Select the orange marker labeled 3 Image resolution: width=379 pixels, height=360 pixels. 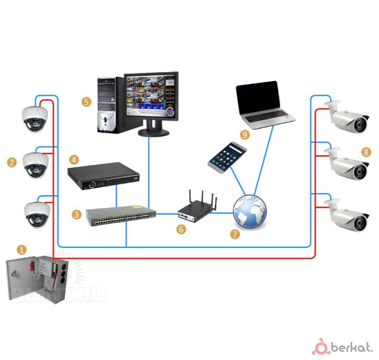click(76, 214)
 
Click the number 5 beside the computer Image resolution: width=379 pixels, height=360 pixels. click(87, 102)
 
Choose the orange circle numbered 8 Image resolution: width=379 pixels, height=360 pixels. click(366, 152)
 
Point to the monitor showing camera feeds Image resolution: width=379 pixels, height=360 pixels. click(151, 97)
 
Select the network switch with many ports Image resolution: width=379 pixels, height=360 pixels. click(122, 216)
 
